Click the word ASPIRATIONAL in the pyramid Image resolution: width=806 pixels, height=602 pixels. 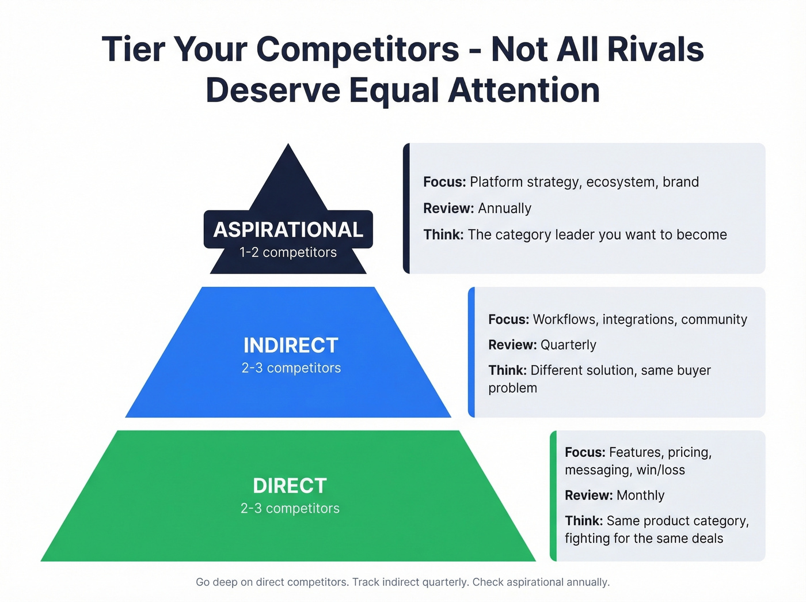coord(288,230)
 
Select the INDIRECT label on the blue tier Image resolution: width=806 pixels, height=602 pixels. coord(291,346)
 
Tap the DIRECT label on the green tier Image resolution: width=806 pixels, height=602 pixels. coord(290,486)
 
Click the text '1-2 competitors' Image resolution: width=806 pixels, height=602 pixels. coord(288,252)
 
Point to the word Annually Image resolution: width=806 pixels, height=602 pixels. coord(504,209)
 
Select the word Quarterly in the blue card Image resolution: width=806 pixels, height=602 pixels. coord(568,345)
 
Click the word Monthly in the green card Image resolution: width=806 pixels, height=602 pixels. coord(640,495)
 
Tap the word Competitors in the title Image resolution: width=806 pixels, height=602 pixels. coord(358,50)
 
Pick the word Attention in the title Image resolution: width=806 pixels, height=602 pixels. coord(524,91)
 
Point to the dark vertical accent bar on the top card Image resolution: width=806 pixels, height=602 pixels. coord(406,208)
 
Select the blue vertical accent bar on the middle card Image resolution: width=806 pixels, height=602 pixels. coord(472,352)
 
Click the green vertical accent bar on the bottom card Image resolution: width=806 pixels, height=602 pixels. coord(553,495)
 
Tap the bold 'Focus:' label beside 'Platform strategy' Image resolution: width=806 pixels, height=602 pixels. coord(444,182)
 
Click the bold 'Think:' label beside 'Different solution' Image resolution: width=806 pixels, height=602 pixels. coord(507,370)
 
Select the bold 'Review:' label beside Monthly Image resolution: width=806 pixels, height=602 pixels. coord(588,495)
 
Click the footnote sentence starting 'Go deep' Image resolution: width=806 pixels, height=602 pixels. coord(402,582)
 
